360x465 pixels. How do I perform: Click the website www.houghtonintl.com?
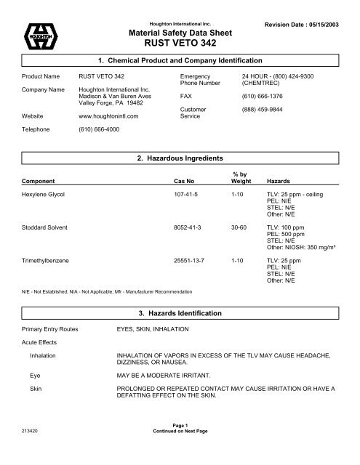point(109,116)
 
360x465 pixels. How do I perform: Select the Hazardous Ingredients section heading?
point(179,158)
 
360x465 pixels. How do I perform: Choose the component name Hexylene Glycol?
point(45,196)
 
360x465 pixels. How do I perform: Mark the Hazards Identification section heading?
point(179,312)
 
